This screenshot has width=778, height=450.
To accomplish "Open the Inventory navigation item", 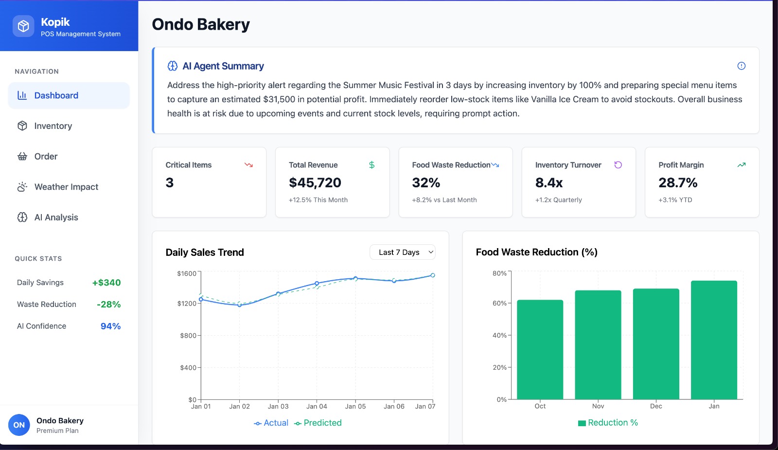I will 53,126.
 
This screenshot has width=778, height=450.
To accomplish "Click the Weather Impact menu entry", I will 66,187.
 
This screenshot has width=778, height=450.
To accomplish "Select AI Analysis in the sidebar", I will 56,217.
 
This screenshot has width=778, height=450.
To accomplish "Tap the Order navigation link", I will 46,156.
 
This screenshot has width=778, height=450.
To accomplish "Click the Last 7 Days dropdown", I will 403,252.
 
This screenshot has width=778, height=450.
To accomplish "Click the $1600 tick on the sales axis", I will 187,273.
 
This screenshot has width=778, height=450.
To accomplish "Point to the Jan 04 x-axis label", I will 317,406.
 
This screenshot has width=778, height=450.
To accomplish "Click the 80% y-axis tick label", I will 499,273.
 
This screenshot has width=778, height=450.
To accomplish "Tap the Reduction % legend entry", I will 608,423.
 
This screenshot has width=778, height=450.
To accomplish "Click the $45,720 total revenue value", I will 315,183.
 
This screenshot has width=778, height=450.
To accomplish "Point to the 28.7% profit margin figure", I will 678,183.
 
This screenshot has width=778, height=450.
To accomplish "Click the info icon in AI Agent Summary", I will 742,66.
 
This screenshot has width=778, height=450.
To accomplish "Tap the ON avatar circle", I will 19,425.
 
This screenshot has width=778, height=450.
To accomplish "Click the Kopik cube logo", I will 23,26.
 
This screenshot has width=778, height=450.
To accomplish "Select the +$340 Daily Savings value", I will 106,283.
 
